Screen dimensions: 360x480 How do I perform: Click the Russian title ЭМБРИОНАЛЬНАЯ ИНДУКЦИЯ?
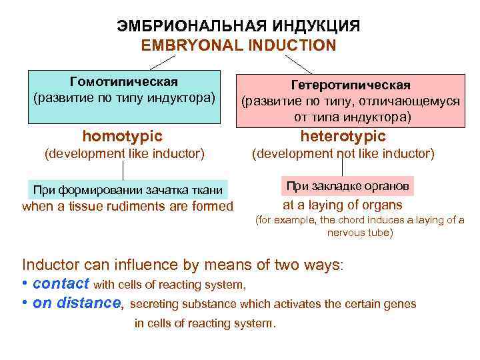[239, 27]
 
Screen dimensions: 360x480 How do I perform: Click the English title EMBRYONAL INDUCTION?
[239, 45]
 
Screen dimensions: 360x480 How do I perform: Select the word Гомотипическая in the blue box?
[124, 82]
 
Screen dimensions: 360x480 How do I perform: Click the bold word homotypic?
[122, 136]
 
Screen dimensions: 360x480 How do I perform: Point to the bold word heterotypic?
[343, 136]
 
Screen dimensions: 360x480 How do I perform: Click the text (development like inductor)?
[123, 154]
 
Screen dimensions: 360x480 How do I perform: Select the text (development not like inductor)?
[342, 154]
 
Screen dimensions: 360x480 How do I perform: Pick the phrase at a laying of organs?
[342, 205]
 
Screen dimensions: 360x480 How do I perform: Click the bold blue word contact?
[61, 283]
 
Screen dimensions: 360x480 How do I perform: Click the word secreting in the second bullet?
[157, 304]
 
